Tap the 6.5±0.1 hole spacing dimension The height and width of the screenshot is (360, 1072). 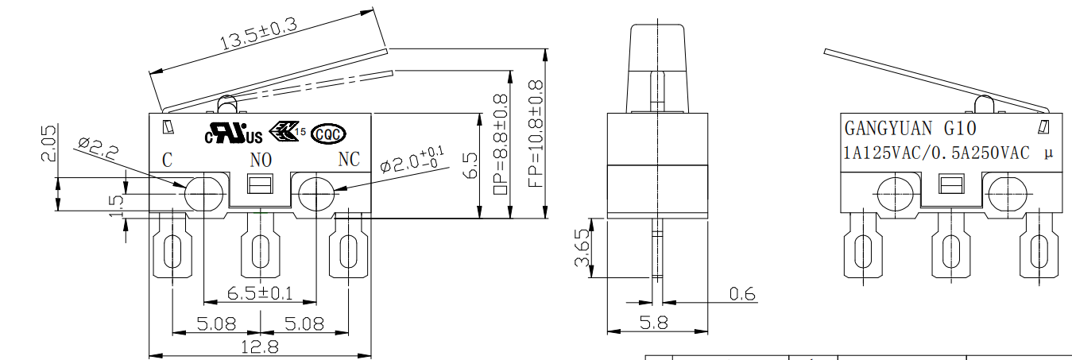260,293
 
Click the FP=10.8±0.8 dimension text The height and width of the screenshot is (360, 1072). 534,134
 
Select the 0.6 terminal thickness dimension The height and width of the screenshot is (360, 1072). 742,294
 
